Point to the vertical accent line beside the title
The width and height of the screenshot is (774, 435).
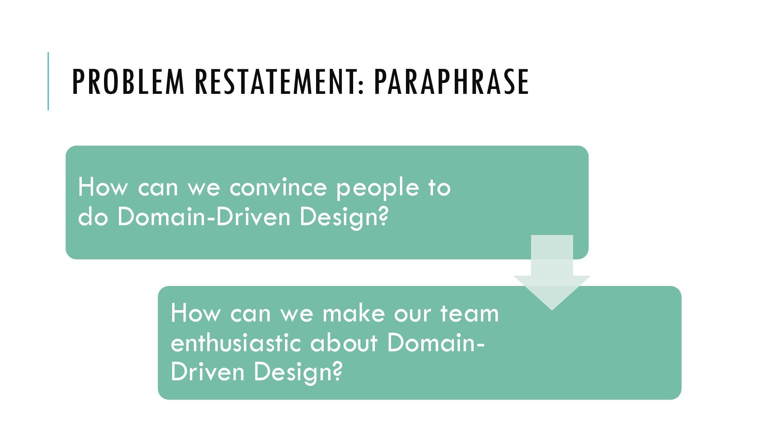pyautogui.click(x=48, y=81)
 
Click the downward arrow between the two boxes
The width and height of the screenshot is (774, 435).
pyautogui.click(x=552, y=274)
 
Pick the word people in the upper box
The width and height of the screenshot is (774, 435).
pyautogui.click(x=378, y=188)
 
